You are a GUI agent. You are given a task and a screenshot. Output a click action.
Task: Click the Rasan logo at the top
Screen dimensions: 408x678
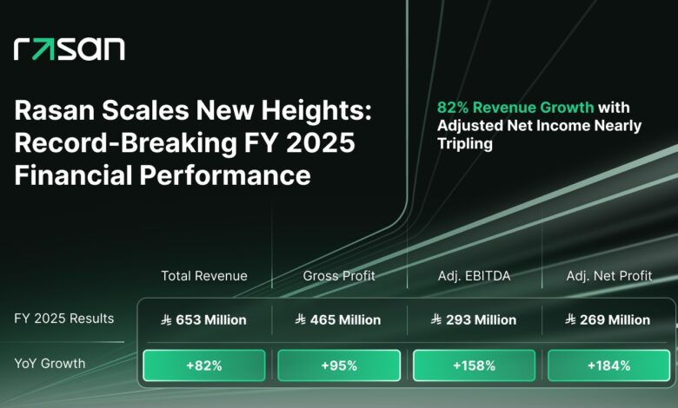pyautogui.click(x=70, y=49)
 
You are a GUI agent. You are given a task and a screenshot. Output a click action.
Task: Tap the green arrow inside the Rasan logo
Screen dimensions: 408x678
pyautogui.click(x=43, y=49)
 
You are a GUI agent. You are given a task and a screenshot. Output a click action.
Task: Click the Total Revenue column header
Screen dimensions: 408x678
pyautogui.click(x=204, y=276)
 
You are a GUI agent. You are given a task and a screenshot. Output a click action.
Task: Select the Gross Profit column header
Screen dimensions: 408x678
pyautogui.click(x=339, y=276)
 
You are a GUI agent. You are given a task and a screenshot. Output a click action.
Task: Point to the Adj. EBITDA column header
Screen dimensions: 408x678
pyautogui.click(x=474, y=276)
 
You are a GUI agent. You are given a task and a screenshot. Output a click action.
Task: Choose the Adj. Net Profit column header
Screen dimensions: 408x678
pyautogui.click(x=608, y=276)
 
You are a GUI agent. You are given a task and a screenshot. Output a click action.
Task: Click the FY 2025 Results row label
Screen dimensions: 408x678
pyautogui.click(x=63, y=319)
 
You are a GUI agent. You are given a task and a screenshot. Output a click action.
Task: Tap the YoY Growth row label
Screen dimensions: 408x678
pyautogui.click(x=50, y=364)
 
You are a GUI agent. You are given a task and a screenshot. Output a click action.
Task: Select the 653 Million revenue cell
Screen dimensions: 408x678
pyautogui.click(x=204, y=320)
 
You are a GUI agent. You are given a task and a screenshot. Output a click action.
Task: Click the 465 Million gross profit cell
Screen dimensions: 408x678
pyautogui.click(x=339, y=320)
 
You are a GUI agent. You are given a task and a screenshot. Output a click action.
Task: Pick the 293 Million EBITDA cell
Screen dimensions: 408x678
pyautogui.click(x=474, y=320)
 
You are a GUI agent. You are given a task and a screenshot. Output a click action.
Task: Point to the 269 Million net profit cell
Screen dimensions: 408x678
pyautogui.click(x=608, y=320)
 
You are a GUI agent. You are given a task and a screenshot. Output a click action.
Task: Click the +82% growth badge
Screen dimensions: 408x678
pyautogui.click(x=204, y=365)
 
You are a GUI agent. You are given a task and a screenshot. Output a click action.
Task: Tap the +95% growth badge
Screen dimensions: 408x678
pyautogui.click(x=339, y=365)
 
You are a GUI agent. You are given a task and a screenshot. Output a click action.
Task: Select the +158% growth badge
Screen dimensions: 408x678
pyautogui.click(x=474, y=365)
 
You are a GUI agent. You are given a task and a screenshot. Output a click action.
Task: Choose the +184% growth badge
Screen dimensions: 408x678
pyautogui.click(x=608, y=365)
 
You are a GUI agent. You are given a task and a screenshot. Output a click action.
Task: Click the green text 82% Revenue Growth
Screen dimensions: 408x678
pyautogui.click(x=515, y=108)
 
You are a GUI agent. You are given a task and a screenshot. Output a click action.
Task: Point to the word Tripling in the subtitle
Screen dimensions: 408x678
pyautogui.click(x=464, y=143)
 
